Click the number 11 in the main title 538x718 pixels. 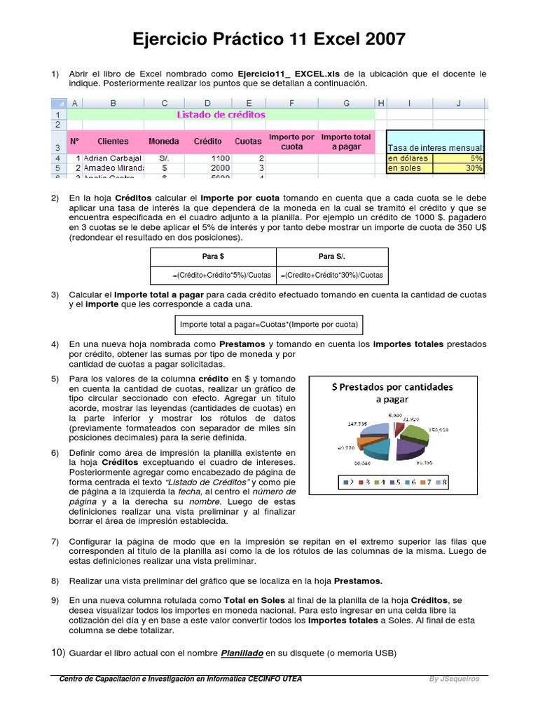point(302,40)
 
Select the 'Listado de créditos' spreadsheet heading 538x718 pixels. point(221,114)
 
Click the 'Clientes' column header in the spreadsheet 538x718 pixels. point(113,141)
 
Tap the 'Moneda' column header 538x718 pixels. point(164,141)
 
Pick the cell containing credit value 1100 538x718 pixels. point(207,158)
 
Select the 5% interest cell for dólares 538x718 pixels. point(459,158)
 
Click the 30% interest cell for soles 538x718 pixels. point(459,168)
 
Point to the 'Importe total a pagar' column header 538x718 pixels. point(346,142)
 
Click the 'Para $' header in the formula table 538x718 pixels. point(214,257)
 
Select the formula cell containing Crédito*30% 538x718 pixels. point(331,276)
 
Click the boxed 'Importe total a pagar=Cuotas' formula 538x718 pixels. point(269,325)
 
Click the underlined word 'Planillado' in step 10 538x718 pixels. point(242,653)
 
